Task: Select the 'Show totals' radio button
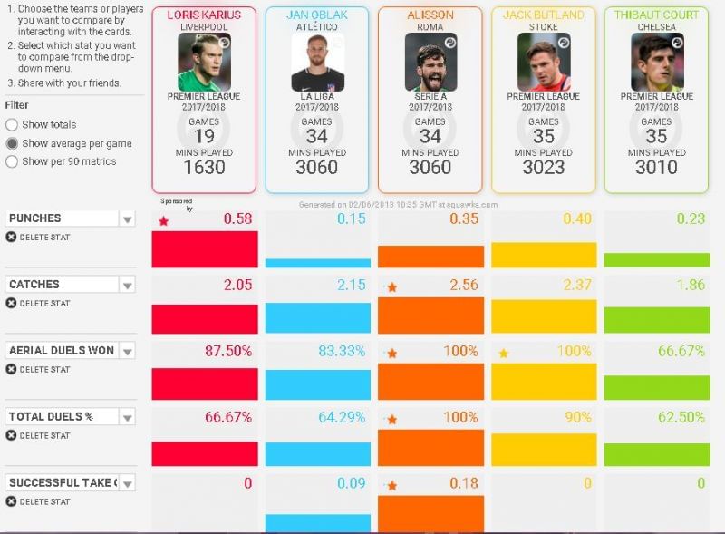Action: [12, 125]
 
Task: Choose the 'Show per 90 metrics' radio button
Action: [12, 161]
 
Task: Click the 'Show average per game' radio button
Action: [12, 143]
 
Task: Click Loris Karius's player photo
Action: [204, 61]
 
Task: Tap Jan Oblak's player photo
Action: [316, 61]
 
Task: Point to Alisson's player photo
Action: [430, 61]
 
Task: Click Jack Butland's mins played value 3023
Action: [543, 167]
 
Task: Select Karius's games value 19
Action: [204, 136]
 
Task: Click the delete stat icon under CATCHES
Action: [11, 303]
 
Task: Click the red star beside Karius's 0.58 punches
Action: [164, 221]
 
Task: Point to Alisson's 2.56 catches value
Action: [461, 286]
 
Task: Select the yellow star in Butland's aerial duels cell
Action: [504, 353]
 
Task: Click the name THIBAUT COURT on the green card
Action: [656, 15]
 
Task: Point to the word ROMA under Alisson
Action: [430, 27]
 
